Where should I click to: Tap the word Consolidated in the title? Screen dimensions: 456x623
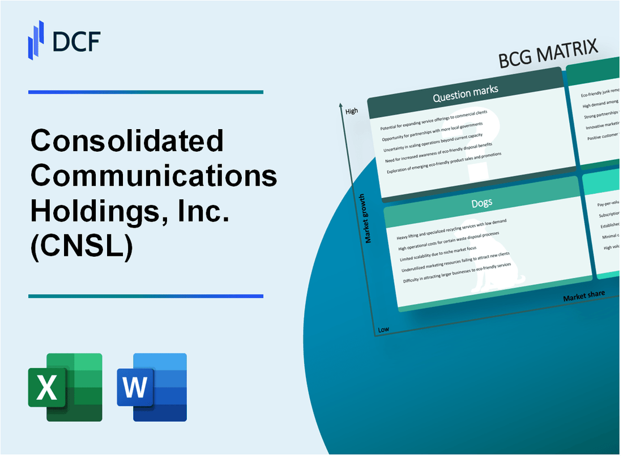127,141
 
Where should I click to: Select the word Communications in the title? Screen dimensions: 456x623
154,176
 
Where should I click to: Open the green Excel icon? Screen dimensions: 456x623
65,387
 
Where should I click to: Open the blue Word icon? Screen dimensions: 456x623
152,387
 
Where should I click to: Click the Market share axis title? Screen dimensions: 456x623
583,296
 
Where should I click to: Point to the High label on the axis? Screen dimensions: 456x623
351,111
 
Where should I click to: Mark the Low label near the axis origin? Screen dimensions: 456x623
383,330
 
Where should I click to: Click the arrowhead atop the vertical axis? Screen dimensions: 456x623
340,105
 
